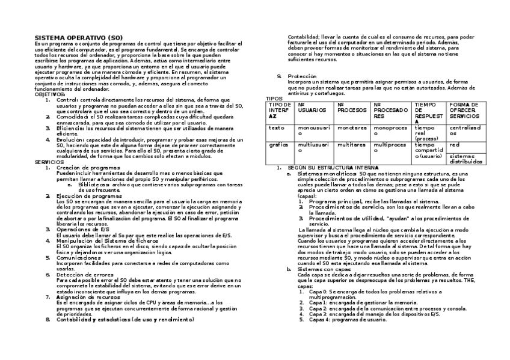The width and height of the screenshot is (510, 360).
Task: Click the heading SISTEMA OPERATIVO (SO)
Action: [x=70, y=38]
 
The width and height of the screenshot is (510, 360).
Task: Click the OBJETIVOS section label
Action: [x=49, y=94]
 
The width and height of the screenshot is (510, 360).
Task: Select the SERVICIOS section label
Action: [x=49, y=162]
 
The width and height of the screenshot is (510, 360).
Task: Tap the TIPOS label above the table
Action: [x=274, y=99]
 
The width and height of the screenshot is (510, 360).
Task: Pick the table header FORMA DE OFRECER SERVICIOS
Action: [x=465, y=110]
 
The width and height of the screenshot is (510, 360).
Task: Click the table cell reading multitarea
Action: [x=352, y=145]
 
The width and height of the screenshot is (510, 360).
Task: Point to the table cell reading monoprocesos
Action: [x=390, y=130]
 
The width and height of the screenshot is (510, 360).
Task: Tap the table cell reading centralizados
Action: [x=465, y=130]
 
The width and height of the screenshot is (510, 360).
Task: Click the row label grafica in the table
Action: [x=278, y=145]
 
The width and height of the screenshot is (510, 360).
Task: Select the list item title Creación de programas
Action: [x=88, y=168]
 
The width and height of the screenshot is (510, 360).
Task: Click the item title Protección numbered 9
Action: [x=302, y=76]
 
